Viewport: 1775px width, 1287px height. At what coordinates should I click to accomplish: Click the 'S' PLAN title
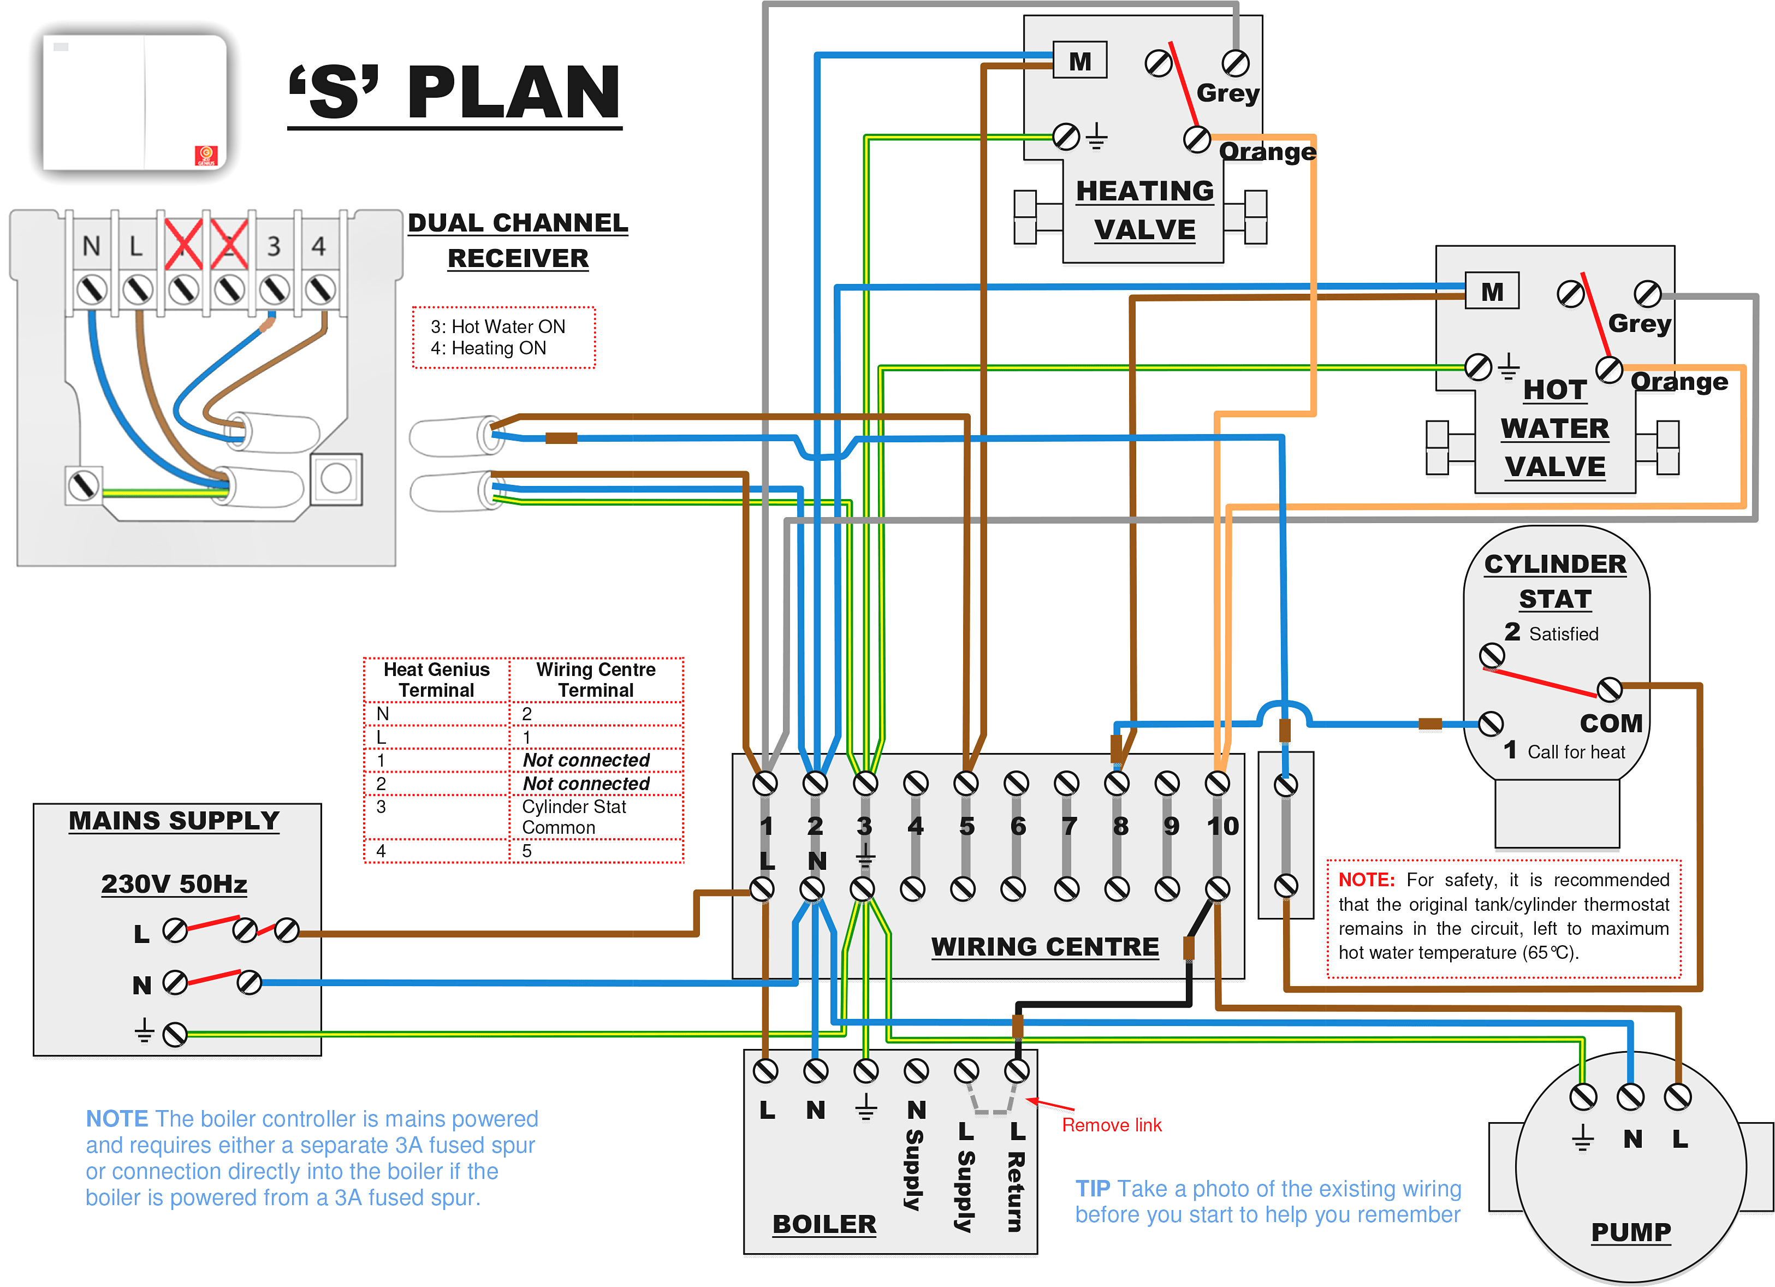[x=454, y=92]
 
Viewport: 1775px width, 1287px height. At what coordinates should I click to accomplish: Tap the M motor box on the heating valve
[x=1080, y=60]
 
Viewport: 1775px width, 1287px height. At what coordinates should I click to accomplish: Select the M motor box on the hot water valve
[x=1492, y=291]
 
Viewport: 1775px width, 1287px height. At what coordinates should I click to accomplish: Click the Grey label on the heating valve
[x=1227, y=93]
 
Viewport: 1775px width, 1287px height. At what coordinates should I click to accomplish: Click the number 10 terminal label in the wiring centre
[x=1222, y=826]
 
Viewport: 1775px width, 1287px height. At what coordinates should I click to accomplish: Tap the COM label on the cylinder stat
[x=1610, y=722]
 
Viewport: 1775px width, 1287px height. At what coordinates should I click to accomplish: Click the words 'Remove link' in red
[x=1111, y=1125]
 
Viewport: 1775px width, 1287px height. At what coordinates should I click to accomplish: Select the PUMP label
[x=1631, y=1231]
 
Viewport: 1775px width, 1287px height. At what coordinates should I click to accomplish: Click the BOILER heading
[x=824, y=1224]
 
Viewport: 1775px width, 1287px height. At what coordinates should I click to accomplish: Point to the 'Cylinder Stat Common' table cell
[x=574, y=816]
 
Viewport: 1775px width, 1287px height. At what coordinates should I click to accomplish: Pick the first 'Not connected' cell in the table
[x=586, y=760]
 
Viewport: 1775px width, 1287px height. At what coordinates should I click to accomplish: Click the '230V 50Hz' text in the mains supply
[x=174, y=884]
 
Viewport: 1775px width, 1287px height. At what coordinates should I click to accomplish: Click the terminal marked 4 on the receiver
[x=318, y=246]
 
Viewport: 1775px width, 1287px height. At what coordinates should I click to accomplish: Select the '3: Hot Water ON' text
[x=498, y=327]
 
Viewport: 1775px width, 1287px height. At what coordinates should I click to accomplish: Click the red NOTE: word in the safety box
[x=1366, y=879]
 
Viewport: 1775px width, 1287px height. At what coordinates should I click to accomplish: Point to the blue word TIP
[x=1093, y=1188]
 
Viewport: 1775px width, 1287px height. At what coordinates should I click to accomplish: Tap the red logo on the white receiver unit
[x=206, y=155]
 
